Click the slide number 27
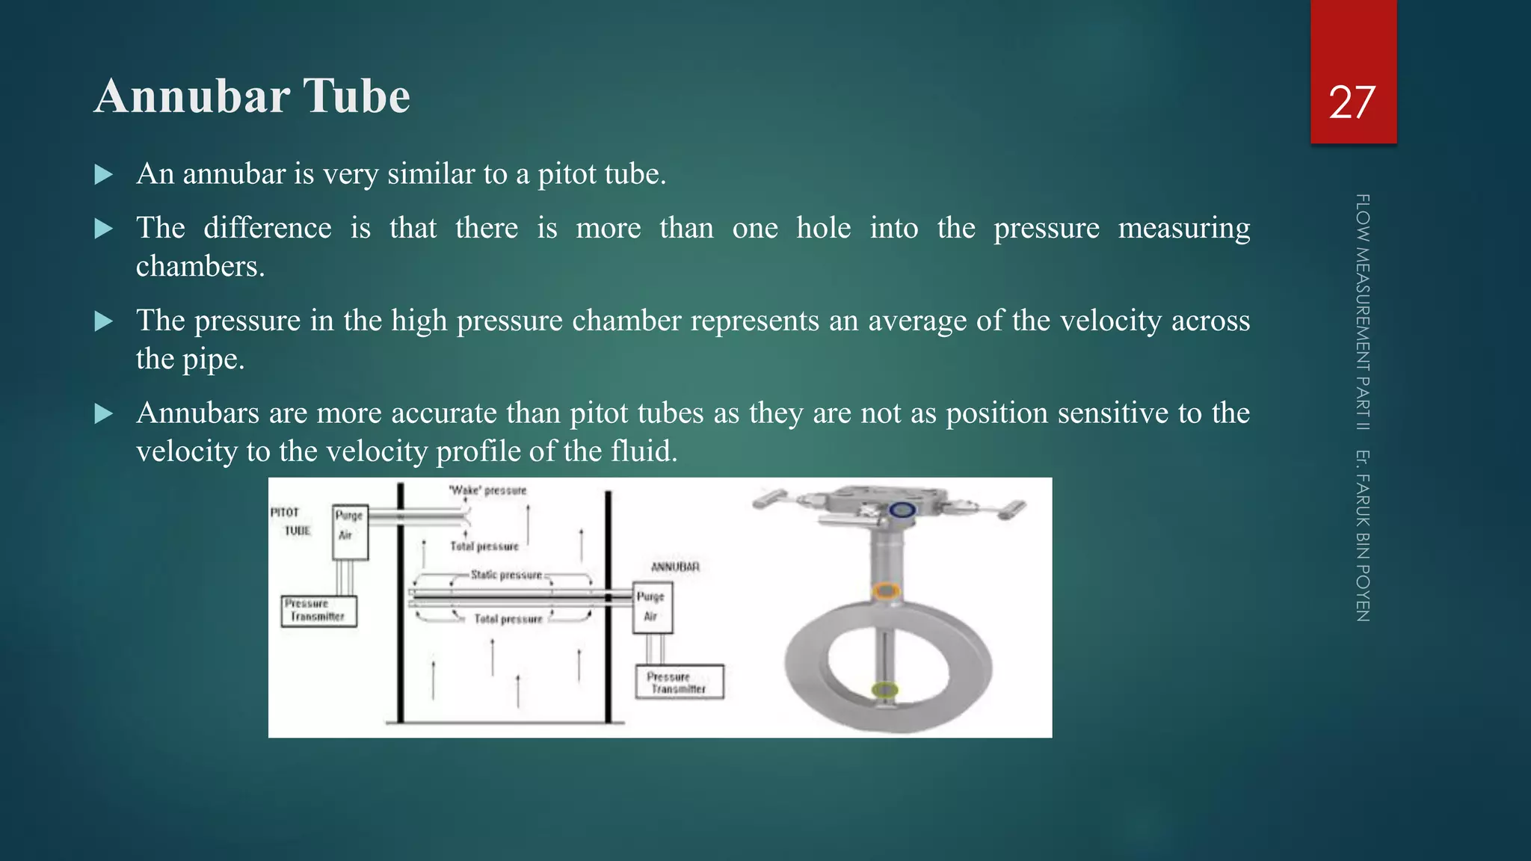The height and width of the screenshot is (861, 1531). (1352, 102)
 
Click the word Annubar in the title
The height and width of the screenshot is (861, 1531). (192, 96)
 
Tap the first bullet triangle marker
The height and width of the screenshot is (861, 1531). (104, 175)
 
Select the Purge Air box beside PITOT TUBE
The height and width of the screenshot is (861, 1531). (350, 532)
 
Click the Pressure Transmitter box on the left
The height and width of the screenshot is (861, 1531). (318, 611)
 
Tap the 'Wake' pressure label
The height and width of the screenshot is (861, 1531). (487, 490)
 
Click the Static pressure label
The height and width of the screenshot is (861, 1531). (506, 575)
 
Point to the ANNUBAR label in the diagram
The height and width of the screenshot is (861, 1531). (675, 567)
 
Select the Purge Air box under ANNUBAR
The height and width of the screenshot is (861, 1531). (652, 608)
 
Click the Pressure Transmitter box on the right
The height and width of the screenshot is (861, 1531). (679, 682)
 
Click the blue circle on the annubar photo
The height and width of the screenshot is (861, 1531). (902, 510)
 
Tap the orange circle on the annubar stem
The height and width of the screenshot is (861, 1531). (886, 591)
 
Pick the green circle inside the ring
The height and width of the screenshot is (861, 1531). (885, 690)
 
